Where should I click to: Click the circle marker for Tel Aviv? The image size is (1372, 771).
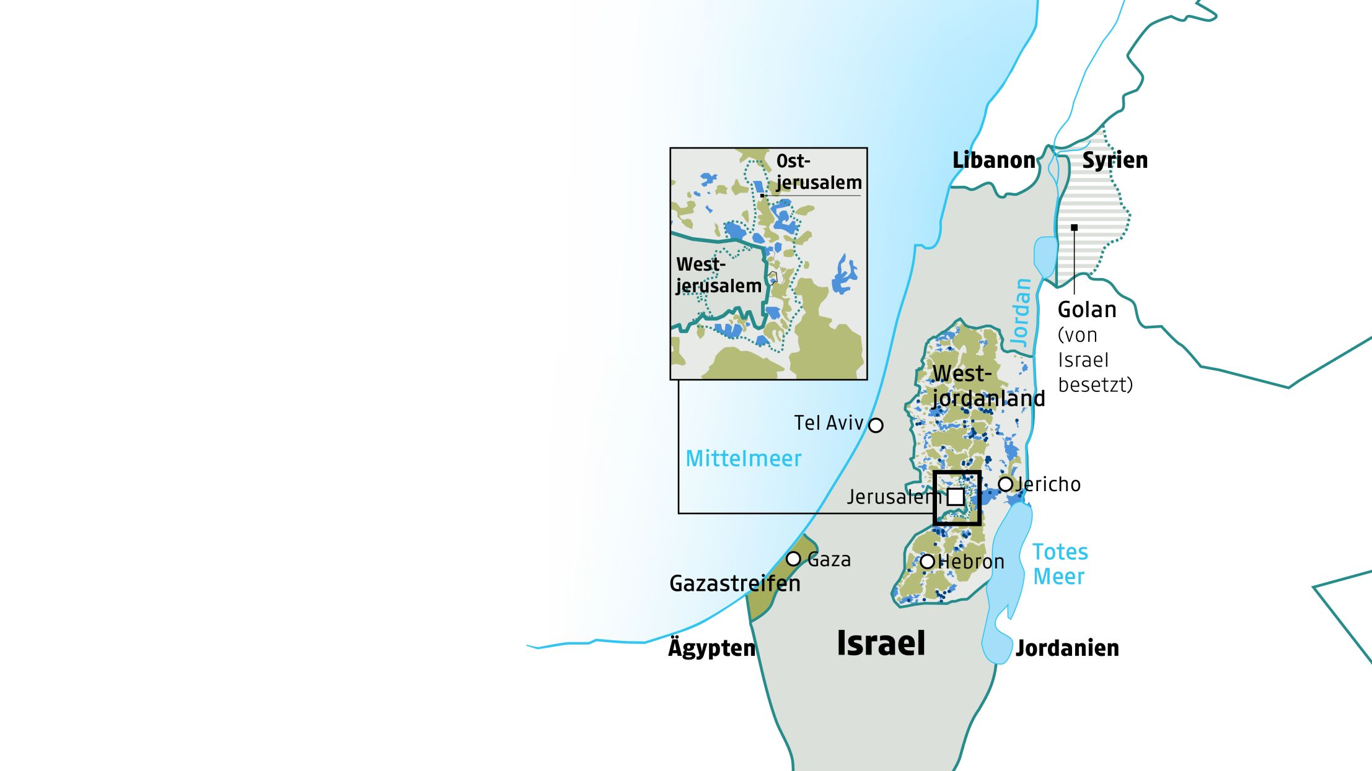875,425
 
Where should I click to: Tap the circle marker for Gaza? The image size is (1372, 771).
793,559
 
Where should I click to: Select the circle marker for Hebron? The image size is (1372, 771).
927,562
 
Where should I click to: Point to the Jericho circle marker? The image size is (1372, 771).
1005,484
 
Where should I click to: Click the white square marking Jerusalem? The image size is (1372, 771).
956,497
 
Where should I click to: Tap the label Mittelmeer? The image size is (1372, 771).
743,459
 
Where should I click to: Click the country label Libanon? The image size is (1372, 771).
993,160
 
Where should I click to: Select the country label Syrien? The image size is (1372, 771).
1114,160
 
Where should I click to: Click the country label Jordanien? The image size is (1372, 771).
1067,648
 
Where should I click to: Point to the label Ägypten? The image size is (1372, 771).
711,648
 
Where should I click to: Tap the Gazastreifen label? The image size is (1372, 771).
734,583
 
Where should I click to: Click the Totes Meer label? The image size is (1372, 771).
1060,564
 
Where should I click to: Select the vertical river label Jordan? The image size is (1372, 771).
1021,312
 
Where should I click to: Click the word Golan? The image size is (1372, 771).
1086,310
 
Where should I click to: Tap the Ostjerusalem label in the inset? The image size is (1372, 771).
818,172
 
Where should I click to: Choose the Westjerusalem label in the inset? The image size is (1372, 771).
718,275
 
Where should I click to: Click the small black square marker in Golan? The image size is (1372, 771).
1074,228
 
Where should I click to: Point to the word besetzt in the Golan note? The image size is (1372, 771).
1095,385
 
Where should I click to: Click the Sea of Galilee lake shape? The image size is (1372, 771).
1045,255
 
